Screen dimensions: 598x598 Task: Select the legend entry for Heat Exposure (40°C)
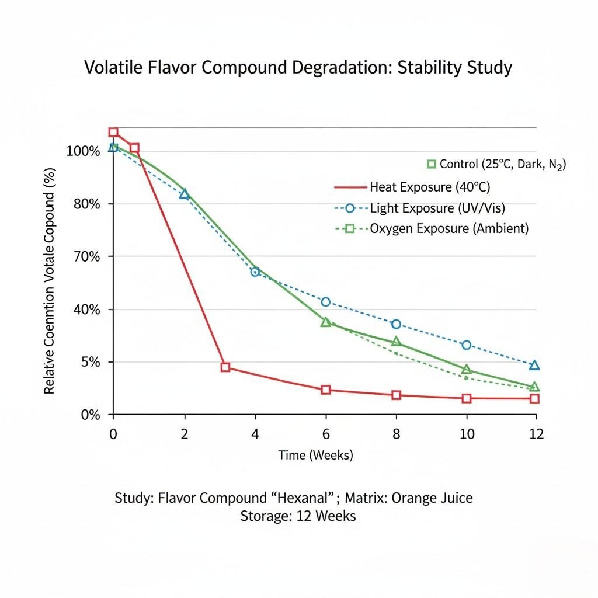point(412,187)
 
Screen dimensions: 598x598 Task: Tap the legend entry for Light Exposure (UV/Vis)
point(420,208)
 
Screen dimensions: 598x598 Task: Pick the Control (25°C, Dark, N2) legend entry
point(496,164)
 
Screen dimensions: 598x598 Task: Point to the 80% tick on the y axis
point(88,204)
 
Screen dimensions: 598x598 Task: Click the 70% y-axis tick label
point(88,257)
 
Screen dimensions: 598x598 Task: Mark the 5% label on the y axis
point(91,362)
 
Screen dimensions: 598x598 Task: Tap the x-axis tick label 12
point(536,434)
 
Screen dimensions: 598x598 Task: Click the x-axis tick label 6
point(326,434)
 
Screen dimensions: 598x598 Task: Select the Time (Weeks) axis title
point(315,455)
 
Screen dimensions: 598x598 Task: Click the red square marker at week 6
point(326,390)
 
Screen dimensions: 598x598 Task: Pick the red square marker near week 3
point(225,367)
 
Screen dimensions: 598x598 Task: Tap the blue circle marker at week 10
point(466,345)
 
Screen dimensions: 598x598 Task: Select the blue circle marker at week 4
point(255,272)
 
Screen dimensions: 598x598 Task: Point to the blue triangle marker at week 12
point(534,366)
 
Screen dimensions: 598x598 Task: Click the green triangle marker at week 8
point(397,342)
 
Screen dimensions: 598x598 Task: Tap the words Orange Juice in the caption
point(432,498)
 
